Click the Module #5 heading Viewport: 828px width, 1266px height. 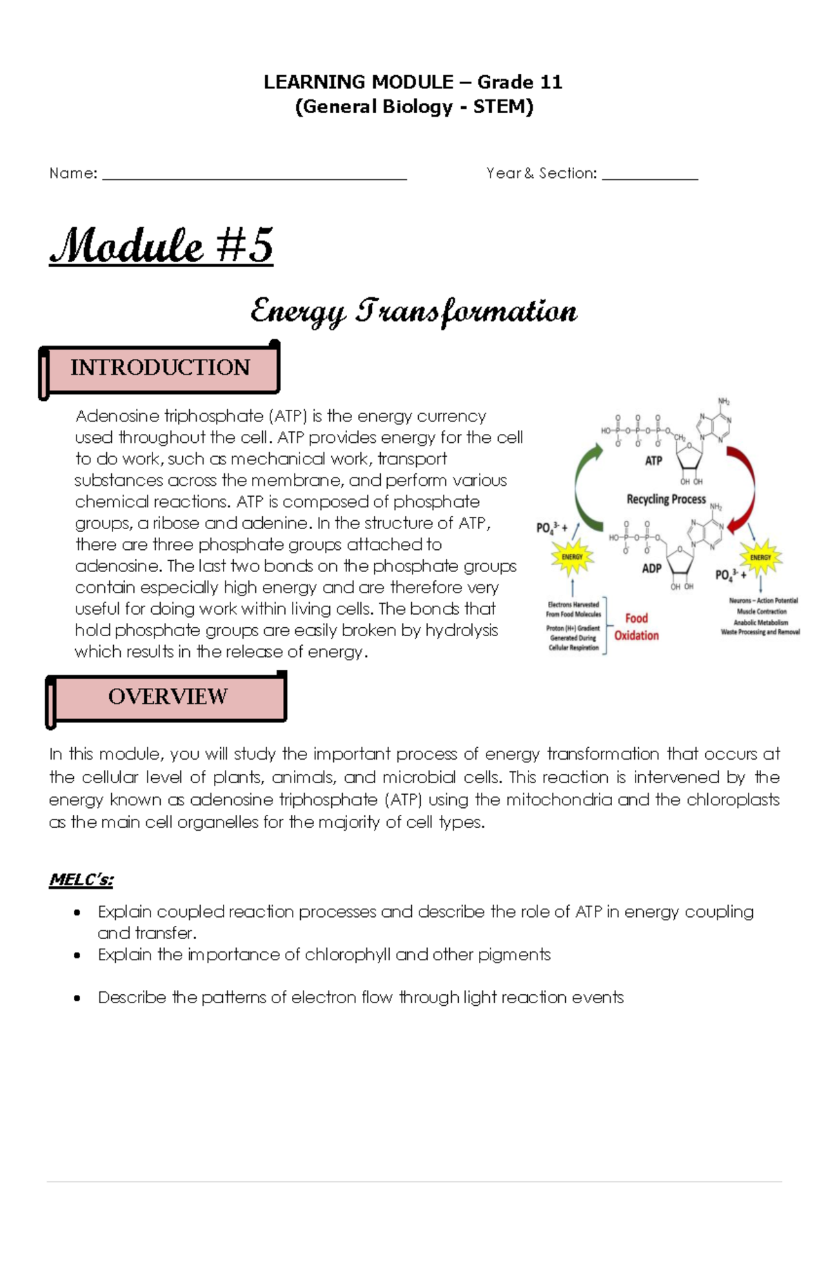[161, 246]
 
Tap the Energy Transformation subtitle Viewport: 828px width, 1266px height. [413, 312]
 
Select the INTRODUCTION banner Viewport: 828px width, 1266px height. [160, 368]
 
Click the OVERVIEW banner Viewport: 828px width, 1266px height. [168, 697]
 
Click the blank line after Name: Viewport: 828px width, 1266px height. [254, 177]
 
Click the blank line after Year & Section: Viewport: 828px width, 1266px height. [649, 177]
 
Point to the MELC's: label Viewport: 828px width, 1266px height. [81, 880]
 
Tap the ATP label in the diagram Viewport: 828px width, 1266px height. [653, 461]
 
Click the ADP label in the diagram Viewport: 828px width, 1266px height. [651, 568]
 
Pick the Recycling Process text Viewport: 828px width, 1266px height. [666, 499]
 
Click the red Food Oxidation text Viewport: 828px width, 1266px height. [636, 627]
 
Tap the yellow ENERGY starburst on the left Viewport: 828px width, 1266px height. [572, 557]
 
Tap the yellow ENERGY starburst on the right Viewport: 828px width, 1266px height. [760, 557]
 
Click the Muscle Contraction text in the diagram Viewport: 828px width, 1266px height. [761, 611]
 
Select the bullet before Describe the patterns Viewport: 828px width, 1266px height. [77, 998]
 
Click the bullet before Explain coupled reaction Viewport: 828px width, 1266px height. [77, 913]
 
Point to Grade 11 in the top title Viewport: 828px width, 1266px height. [520, 82]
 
